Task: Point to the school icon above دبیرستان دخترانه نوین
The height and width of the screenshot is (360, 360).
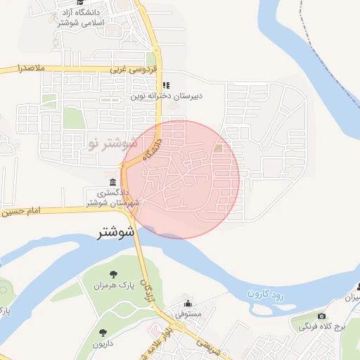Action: [x=166, y=86]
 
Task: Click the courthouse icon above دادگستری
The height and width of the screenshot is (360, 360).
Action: [x=112, y=181]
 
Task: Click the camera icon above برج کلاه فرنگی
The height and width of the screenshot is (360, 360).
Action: [x=322, y=316]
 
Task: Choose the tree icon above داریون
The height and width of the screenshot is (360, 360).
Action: [x=103, y=333]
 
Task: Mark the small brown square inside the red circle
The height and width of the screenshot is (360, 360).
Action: [x=218, y=148]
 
